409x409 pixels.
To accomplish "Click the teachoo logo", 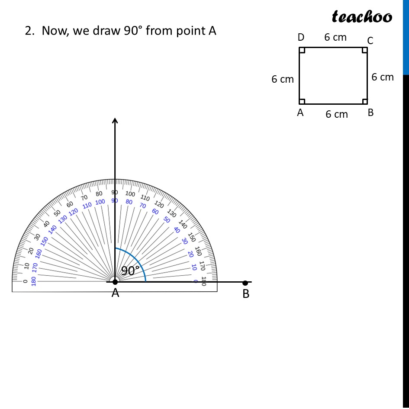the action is coord(362,16).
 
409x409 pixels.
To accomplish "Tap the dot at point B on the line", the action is coord(245,283).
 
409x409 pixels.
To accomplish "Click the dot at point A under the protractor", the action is coord(115,282).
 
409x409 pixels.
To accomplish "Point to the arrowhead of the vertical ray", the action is coord(115,120).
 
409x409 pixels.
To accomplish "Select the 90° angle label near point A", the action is coord(130,271).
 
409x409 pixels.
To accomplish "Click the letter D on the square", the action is coord(301,37).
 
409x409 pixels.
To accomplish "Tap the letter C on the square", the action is coord(370,41).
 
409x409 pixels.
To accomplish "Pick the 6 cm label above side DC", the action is coord(335,37).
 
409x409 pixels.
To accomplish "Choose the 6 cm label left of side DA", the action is coord(283,79).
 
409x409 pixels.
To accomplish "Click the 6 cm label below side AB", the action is coord(336,114).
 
